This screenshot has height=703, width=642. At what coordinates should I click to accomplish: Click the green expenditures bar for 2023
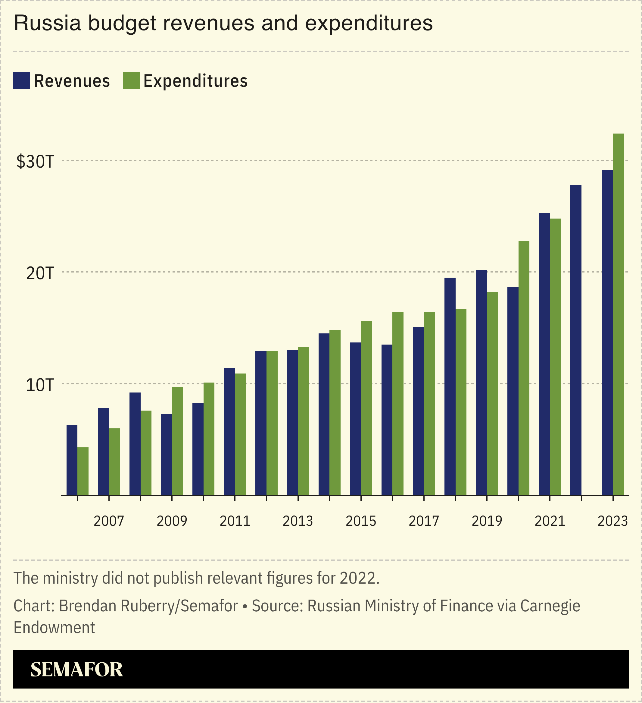pyautogui.click(x=618, y=314)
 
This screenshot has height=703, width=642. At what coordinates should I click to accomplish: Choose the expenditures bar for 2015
pyautogui.click(x=366, y=408)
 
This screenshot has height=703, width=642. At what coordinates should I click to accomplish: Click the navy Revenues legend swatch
pyautogui.click(x=22, y=81)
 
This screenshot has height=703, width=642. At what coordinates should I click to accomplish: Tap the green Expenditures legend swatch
pyautogui.click(x=131, y=81)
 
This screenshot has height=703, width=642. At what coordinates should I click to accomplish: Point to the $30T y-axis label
pyautogui.click(x=35, y=162)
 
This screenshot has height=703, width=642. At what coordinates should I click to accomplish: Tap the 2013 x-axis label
pyautogui.click(x=298, y=521)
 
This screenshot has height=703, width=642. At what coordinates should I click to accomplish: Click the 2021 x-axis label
pyautogui.click(x=550, y=521)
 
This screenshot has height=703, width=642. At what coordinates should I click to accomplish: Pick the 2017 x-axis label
pyautogui.click(x=424, y=521)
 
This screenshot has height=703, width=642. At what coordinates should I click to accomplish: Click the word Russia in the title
pyautogui.click(x=47, y=24)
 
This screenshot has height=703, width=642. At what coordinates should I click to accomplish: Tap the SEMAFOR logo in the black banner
pyautogui.click(x=76, y=669)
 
